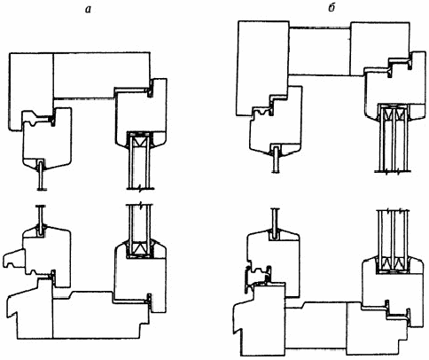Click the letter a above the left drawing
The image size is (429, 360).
(x=88, y=10)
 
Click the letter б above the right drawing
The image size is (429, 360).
(x=331, y=8)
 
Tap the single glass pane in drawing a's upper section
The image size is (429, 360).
(x=42, y=175)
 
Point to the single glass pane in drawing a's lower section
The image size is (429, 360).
(x=42, y=221)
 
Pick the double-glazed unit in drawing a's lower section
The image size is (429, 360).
(x=140, y=231)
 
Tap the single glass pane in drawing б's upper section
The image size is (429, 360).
(x=276, y=159)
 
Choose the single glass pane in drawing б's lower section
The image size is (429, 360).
(x=276, y=223)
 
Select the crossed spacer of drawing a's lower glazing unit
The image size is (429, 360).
(x=140, y=247)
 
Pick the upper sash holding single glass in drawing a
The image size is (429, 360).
(x=47, y=139)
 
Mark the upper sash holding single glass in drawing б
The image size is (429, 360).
(x=276, y=121)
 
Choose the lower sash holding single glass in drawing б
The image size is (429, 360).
(x=274, y=260)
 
